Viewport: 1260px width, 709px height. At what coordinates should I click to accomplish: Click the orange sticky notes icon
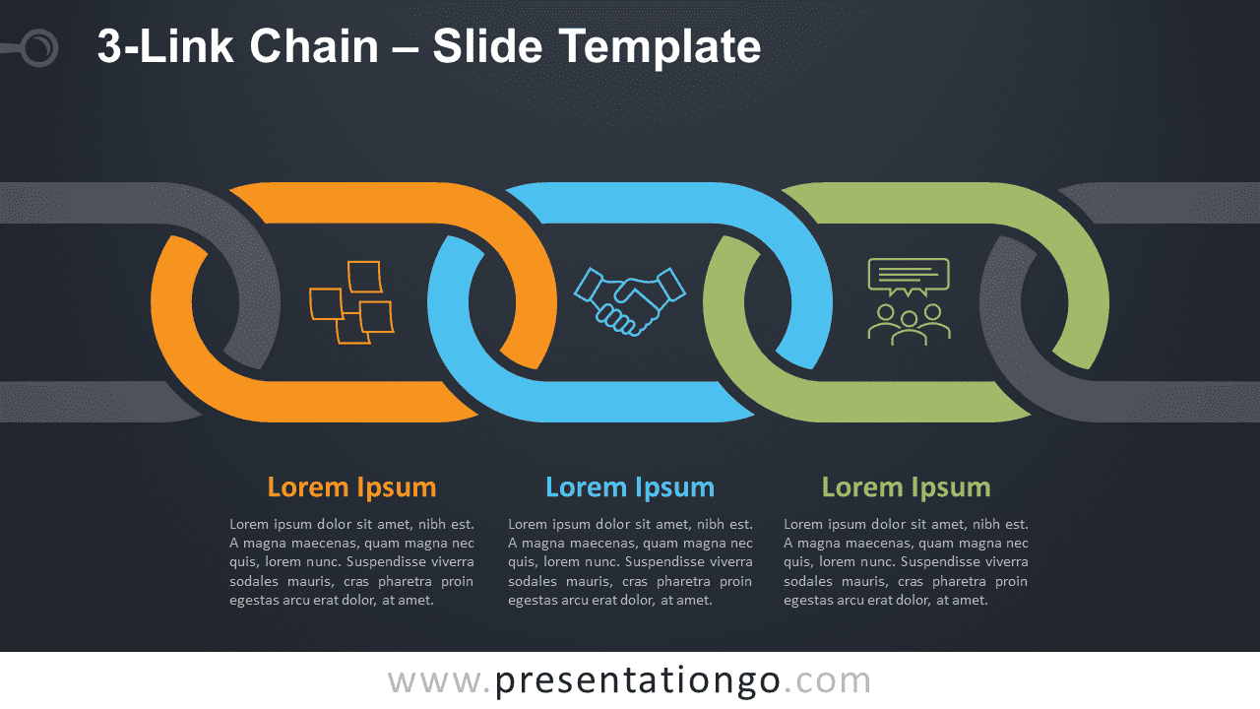(352, 302)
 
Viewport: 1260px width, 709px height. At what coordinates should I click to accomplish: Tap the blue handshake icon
(629, 301)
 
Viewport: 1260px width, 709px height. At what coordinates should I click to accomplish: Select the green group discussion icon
(909, 301)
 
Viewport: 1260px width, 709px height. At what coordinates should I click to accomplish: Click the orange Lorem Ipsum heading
(351, 487)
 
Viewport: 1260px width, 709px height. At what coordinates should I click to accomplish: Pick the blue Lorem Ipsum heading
(630, 487)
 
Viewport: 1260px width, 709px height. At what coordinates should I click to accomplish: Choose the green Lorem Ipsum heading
(907, 487)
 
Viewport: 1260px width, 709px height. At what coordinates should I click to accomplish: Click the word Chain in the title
(314, 46)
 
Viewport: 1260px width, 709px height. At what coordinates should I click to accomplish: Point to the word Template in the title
(661, 48)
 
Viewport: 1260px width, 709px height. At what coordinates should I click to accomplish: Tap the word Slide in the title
(487, 46)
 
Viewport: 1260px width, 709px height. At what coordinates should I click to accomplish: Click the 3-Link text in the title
(165, 46)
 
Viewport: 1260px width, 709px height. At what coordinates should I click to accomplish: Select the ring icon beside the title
(40, 48)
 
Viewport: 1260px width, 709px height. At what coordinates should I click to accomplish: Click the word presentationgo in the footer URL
(638, 681)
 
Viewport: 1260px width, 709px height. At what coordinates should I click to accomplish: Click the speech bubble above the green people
(909, 277)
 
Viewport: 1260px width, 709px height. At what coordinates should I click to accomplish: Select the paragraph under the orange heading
(351, 562)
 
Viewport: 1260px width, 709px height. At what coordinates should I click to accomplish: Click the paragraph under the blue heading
(630, 562)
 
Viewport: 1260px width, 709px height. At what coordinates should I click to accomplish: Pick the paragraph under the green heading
(906, 562)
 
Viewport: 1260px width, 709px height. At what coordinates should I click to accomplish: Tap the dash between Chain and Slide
(405, 49)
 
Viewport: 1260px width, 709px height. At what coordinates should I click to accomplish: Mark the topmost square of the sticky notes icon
(365, 277)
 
